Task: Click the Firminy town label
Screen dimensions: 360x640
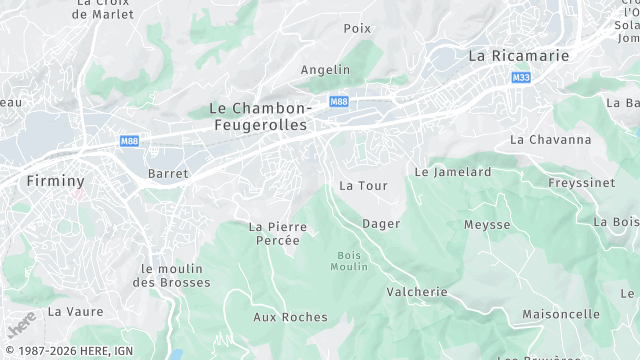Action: coord(55,181)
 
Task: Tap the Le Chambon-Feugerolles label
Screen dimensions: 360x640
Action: coord(261,116)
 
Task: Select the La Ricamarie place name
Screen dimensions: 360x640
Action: coord(518,56)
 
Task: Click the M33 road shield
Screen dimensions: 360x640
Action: coord(520,77)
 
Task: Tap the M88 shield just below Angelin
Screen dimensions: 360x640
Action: coord(339,101)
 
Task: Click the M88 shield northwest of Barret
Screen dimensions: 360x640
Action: coord(129,141)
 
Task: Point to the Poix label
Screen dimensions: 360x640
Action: coord(357,28)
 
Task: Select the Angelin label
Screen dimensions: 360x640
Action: coord(326,69)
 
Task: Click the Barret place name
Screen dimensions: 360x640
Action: coord(168,173)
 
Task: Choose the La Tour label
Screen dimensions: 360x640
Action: coord(363,186)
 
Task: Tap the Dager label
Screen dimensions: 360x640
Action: coord(381,223)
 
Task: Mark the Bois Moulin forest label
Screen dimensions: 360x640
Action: coord(351,261)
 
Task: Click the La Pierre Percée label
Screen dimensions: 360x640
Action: coord(278,233)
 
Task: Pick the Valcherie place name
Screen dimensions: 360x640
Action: coord(417,292)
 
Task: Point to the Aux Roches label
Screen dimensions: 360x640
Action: coord(290,317)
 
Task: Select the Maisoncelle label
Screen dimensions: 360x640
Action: coord(561,314)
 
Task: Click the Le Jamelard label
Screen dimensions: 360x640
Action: coord(453,172)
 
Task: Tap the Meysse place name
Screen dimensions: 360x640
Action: coord(487,225)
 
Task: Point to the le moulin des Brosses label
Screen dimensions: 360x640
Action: coord(176,276)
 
